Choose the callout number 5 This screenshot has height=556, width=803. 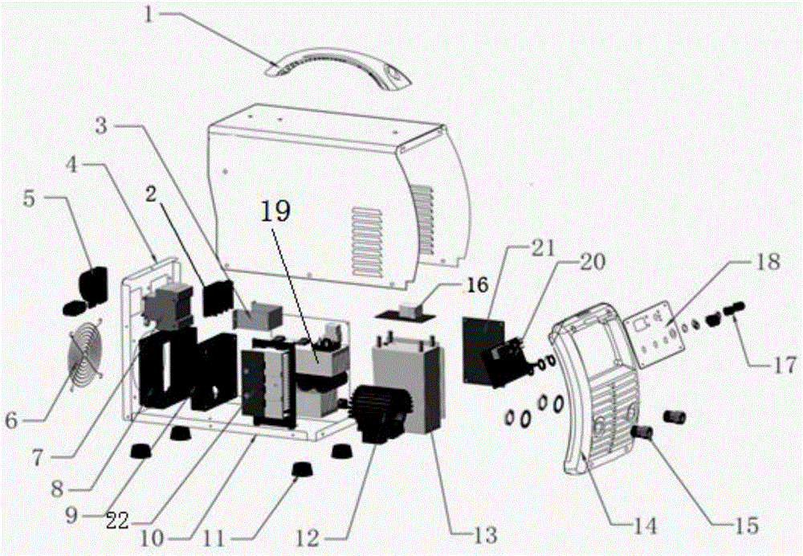28,198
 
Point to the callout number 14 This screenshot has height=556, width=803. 645,528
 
